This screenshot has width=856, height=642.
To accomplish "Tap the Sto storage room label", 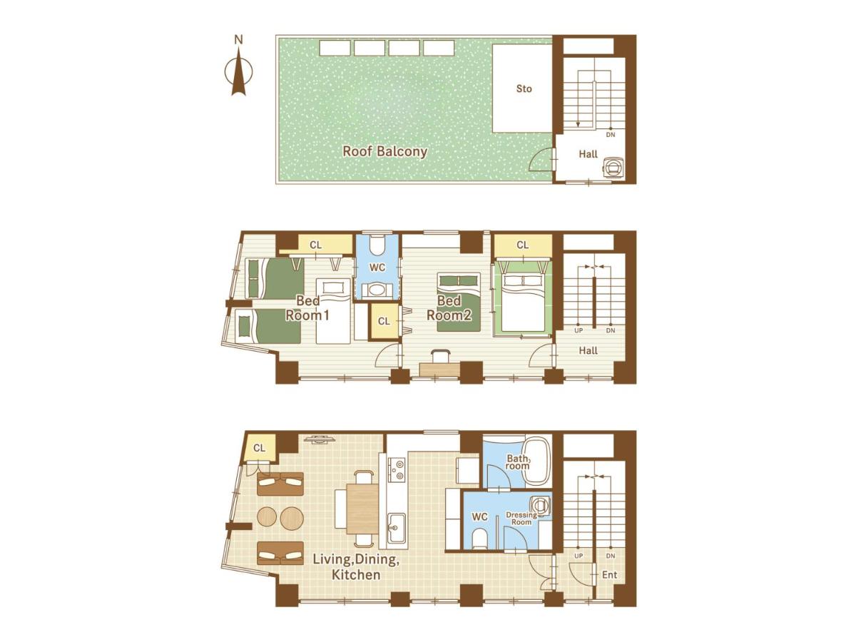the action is click(524, 89).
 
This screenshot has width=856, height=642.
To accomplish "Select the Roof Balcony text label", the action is click(384, 151).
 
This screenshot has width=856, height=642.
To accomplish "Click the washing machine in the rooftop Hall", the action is click(615, 167).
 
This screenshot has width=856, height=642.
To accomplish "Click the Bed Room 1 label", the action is click(307, 307).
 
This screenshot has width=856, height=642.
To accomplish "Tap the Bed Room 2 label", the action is click(449, 307).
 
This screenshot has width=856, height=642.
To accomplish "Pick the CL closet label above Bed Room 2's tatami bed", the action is click(523, 245).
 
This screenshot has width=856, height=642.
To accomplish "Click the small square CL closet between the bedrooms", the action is click(384, 321).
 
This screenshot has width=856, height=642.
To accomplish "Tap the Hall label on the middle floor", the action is click(588, 350).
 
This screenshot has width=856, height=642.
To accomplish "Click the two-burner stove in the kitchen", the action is click(397, 469).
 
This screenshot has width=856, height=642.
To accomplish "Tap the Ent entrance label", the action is click(609, 574).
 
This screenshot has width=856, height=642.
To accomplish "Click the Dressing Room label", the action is click(521, 519).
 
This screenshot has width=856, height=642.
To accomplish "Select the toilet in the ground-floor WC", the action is click(479, 539).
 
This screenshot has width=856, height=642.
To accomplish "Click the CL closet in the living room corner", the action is click(259, 447).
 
